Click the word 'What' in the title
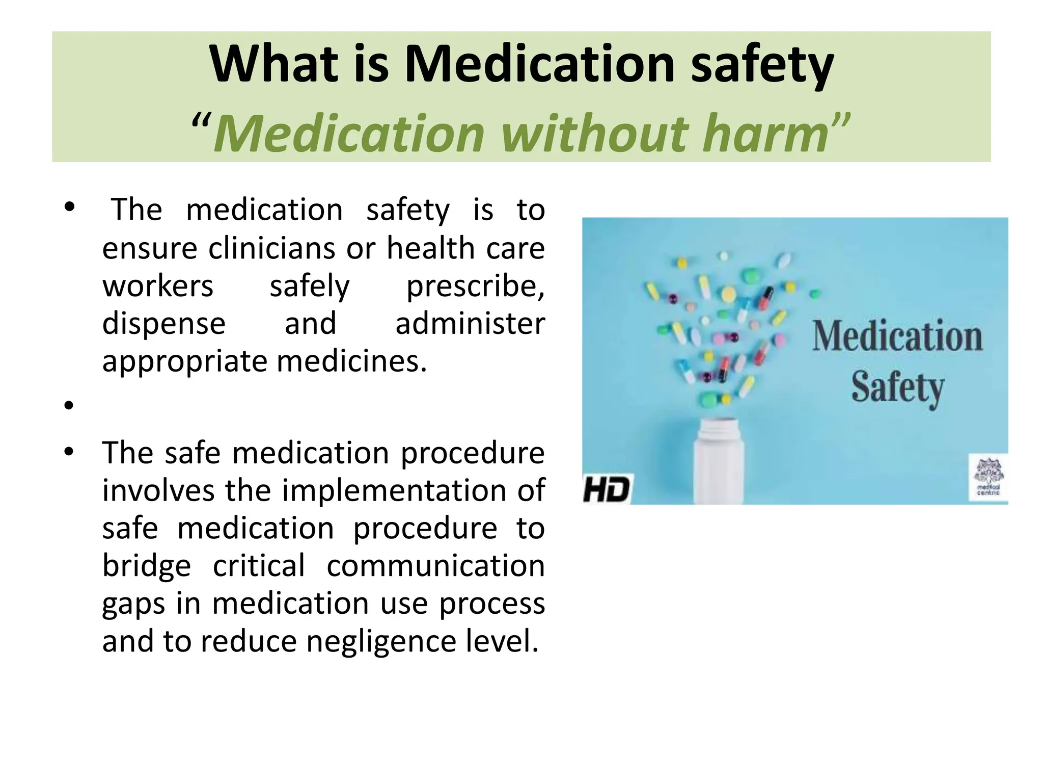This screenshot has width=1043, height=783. coord(274,65)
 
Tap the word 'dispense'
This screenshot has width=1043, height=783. coord(163,324)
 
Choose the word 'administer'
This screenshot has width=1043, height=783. coord(470,324)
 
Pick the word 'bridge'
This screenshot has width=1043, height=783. coord(147,566)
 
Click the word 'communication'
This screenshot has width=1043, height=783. coord(435,566)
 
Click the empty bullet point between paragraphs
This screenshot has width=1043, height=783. coord(69,406)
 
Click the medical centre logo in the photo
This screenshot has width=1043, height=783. coord(989,477)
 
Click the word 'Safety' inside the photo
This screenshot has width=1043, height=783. coord(897,388)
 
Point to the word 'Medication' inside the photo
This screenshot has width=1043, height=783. coord(897,337)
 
